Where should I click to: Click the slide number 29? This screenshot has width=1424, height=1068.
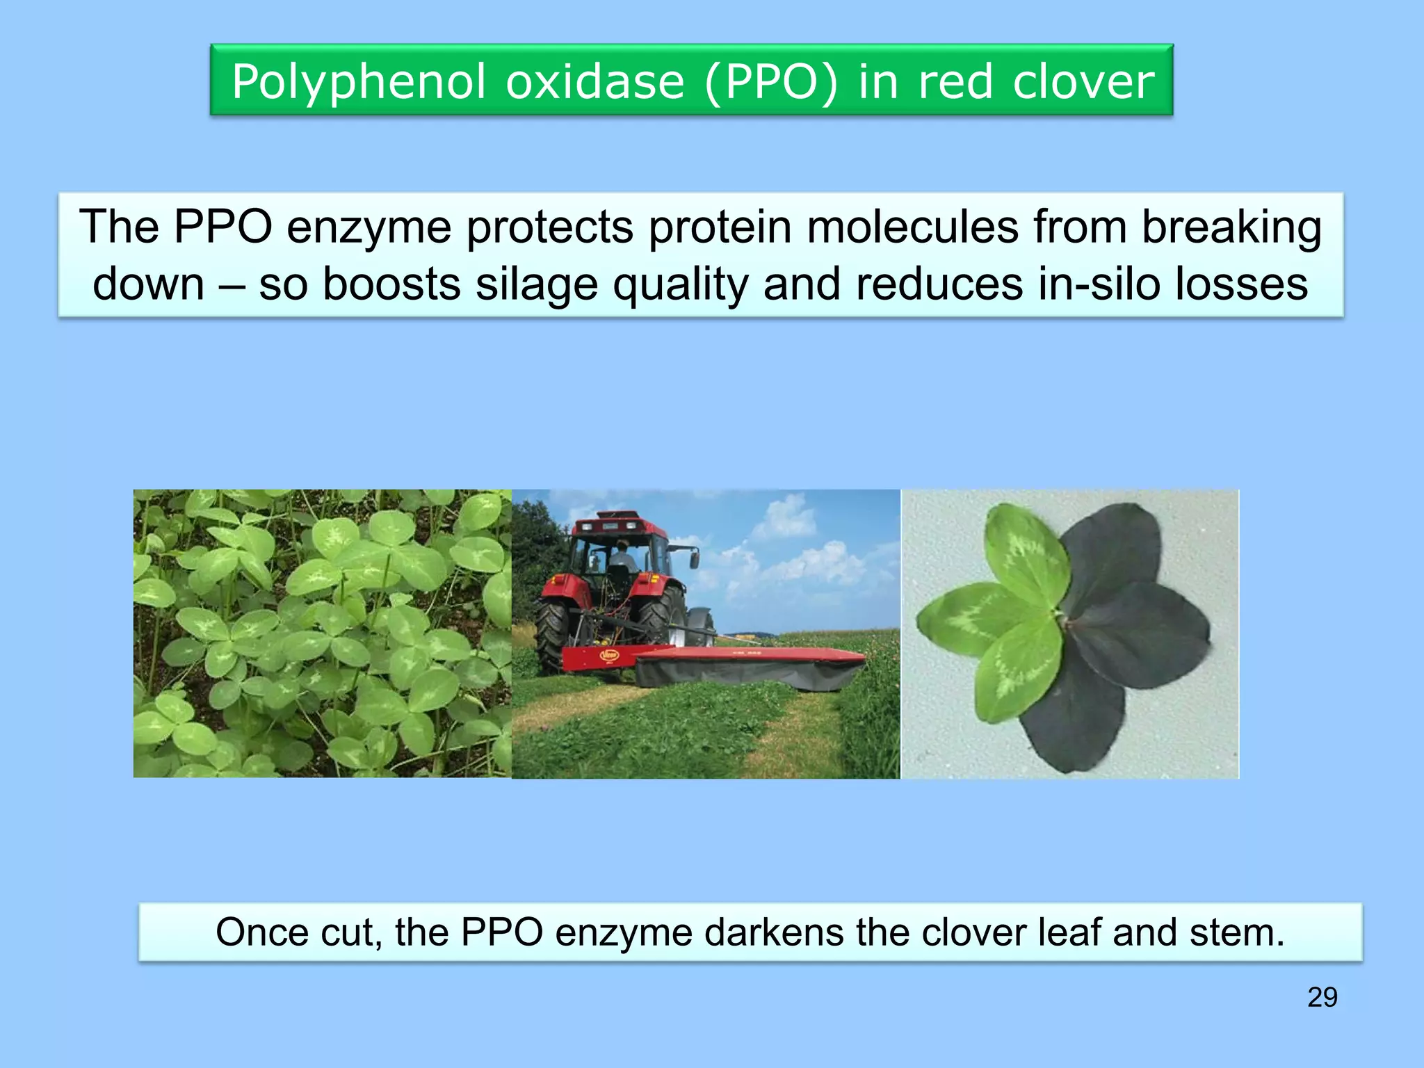1322,997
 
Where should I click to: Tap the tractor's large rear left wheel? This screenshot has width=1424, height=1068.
558,633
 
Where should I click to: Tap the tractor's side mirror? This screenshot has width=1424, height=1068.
694,556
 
